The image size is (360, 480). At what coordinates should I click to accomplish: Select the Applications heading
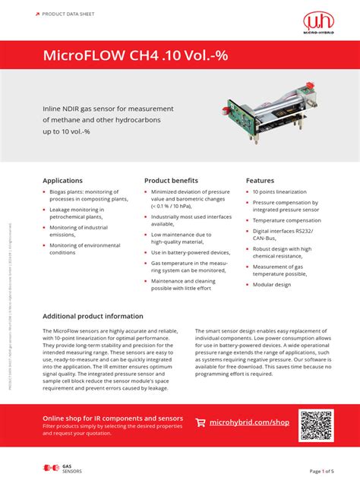pyautogui.click(x=62, y=181)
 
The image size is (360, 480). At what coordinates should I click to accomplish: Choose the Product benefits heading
pyautogui.click(x=171, y=181)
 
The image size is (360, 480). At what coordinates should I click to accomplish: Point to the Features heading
pyautogui.click(x=260, y=181)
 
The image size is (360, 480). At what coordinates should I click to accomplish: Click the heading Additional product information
pyautogui.click(x=93, y=316)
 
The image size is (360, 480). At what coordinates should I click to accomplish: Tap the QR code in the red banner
pyautogui.click(x=316, y=425)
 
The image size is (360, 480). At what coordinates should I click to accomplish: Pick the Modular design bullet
pyautogui.click(x=271, y=285)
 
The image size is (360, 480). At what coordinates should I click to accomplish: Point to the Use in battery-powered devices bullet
pyautogui.click(x=190, y=252)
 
